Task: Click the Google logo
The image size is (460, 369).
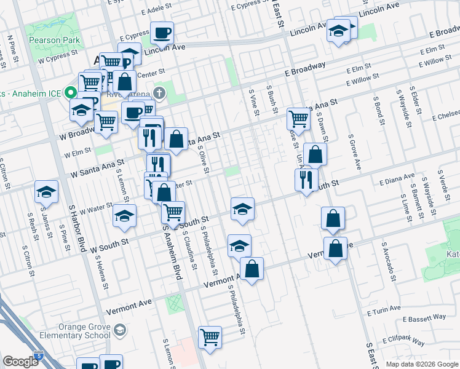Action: (x=20, y=362)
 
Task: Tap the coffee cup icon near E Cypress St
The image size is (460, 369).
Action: (x=162, y=33)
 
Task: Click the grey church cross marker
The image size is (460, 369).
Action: (x=159, y=93)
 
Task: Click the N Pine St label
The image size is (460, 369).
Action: (x=10, y=45)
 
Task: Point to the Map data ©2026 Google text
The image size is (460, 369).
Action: (x=421, y=363)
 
